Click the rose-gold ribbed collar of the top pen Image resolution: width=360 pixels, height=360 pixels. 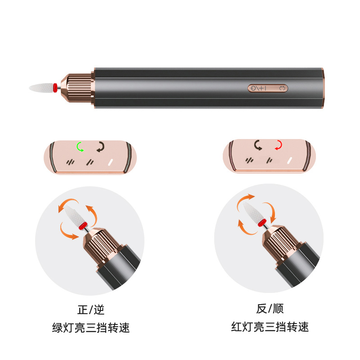[x=78, y=87]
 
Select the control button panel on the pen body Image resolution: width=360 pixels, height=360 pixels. [x=268, y=88]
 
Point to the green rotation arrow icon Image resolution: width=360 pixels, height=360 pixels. [x=80, y=146]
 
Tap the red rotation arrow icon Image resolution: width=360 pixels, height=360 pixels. [x=279, y=145]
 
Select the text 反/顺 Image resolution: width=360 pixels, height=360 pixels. [x=270, y=309]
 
